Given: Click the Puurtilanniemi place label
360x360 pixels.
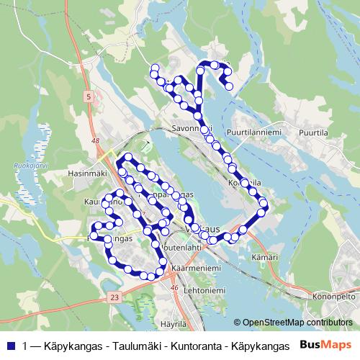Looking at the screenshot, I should tap(252, 132).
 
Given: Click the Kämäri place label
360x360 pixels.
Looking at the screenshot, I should tap(264, 256).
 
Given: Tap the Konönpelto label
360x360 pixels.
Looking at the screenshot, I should tap(333, 296).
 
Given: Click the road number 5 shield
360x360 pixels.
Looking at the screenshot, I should tap(88, 96).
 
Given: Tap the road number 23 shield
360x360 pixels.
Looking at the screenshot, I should tap(114, 297).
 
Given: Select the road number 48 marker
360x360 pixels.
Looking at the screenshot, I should tap(96, 142).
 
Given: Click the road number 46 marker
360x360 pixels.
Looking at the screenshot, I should tap(173, 287).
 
